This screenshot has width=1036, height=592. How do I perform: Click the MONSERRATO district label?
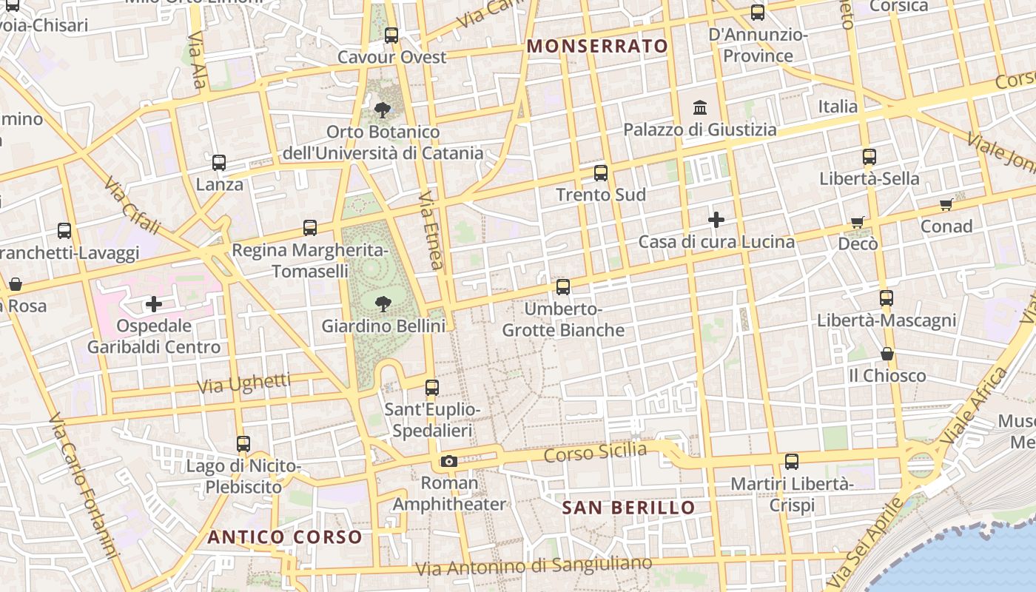(x=597, y=46)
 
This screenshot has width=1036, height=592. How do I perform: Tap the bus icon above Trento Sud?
(x=601, y=173)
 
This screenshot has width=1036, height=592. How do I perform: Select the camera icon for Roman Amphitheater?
(x=448, y=462)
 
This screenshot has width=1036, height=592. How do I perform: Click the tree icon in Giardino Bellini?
(x=383, y=303)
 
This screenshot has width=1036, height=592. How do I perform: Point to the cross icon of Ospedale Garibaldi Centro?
(x=154, y=304)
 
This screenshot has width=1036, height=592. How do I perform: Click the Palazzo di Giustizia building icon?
(x=700, y=108)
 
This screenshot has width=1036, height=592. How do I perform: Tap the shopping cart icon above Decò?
(x=858, y=222)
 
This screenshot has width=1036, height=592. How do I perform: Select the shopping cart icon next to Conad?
(x=946, y=205)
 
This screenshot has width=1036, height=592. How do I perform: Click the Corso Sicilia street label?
(x=595, y=451)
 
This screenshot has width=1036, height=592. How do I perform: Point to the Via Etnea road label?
(x=431, y=230)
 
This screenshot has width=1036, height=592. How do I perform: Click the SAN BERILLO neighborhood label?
(x=628, y=508)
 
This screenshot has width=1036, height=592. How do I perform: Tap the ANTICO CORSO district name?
(x=285, y=537)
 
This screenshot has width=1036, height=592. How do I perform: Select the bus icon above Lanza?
(x=219, y=163)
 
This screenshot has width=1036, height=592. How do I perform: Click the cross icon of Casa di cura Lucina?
(x=716, y=220)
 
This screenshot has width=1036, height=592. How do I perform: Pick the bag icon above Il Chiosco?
(x=887, y=354)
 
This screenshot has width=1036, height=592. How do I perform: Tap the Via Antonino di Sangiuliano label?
(x=534, y=566)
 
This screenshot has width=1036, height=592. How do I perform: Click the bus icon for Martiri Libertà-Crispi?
(x=792, y=462)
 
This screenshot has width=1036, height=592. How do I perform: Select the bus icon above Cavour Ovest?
(x=391, y=35)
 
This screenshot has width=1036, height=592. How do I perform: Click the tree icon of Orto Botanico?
(x=383, y=110)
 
